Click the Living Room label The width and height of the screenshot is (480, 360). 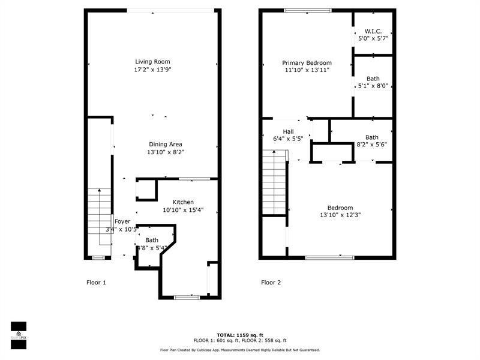click(x=152, y=62)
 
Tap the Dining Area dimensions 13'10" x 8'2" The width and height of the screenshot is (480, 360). click(x=165, y=152)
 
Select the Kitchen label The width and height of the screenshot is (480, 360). click(x=183, y=202)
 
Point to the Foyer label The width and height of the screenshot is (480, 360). click(x=122, y=221)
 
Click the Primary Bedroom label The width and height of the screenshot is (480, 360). click(x=307, y=62)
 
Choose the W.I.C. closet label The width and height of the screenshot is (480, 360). click(x=373, y=31)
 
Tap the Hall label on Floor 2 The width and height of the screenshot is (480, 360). click(x=288, y=131)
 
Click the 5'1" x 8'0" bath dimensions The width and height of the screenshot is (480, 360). click(x=373, y=86)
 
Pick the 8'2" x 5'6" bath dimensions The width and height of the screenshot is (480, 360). click(x=372, y=145)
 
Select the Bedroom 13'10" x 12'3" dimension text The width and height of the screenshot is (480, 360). click(x=340, y=215)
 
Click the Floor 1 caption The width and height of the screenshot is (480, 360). click(x=96, y=282)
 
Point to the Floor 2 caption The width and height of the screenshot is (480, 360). click(x=271, y=282)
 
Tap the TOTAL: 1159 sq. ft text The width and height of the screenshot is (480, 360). click(x=240, y=335)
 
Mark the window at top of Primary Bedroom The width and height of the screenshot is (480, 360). click(x=308, y=10)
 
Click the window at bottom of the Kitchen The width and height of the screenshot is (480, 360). click(x=187, y=296)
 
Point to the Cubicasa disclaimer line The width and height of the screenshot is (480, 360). click(x=240, y=350)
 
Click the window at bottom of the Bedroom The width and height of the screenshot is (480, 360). click(x=329, y=257)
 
